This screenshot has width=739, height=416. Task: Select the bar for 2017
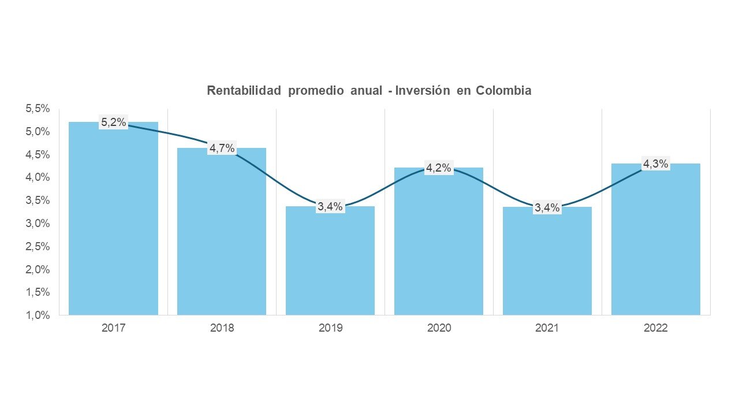pos(113,220)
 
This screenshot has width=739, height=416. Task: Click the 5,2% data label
pos(114,122)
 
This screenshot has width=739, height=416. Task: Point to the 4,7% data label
pos(222,148)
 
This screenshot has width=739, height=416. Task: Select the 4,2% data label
pos(439,169)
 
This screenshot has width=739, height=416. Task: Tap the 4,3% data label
pos(656,164)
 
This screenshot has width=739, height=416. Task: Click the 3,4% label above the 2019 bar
pos(330,206)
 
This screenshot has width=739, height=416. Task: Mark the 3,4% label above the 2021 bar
pos(547,207)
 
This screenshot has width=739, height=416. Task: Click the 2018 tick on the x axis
pos(222,328)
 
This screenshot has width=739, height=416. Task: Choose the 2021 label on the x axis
pos(547,328)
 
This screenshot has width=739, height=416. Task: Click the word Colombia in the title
pos(503,91)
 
